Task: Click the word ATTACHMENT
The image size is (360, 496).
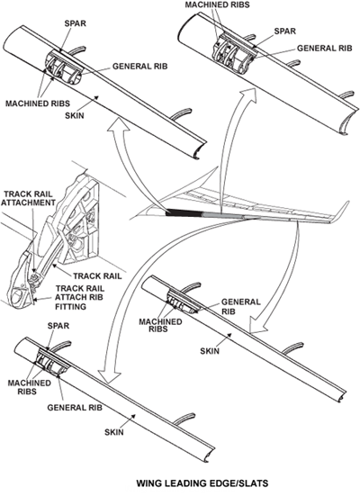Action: pos(28,203)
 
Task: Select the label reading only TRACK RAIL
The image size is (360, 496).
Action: pos(97,276)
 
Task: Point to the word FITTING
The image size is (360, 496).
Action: pos(70,307)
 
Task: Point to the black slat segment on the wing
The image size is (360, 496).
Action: pos(184,212)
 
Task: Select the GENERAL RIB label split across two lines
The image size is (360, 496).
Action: pos(240,307)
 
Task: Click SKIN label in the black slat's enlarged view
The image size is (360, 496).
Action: pos(75,115)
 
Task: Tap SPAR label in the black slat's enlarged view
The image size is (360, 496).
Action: pos(75,23)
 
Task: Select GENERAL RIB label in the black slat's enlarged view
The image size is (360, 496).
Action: pos(139,67)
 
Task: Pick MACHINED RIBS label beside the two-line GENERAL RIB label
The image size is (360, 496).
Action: pos(160,325)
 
